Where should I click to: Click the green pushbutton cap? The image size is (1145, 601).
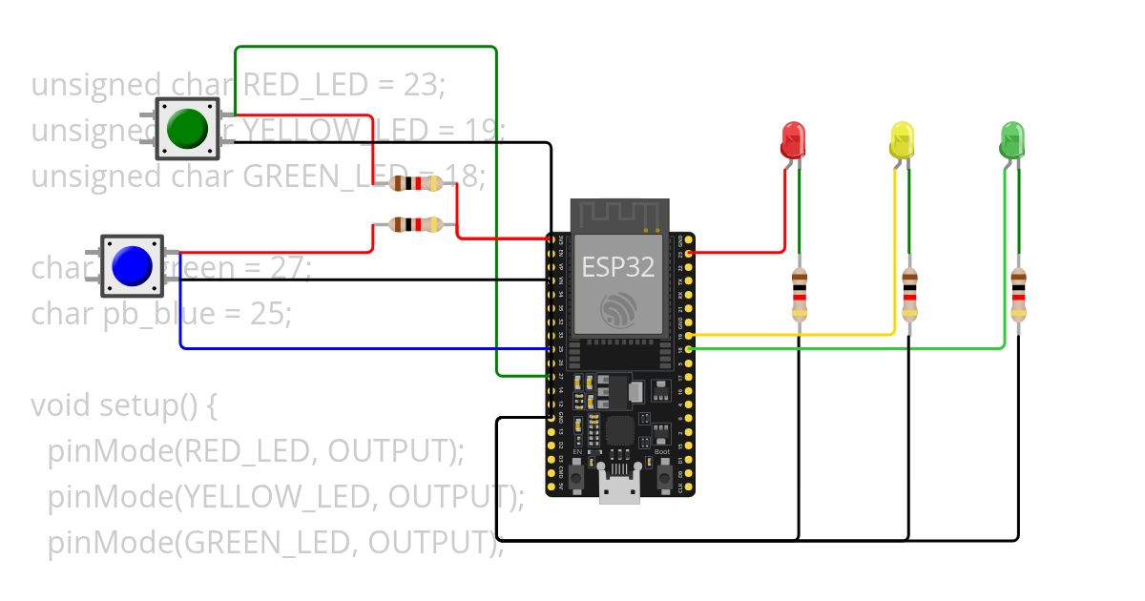pos(188,129)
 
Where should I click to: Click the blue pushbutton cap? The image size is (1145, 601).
pos(133,266)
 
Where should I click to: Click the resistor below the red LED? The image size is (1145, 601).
pos(799,295)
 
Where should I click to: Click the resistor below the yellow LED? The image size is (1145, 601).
pos(909,295)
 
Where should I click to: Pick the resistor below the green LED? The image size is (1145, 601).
pos(1019,295)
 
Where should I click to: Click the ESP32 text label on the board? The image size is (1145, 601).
pos(618,268)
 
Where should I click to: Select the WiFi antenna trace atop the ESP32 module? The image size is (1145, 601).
pos(620,216)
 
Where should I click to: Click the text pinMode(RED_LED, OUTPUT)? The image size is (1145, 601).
pos(256,450)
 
